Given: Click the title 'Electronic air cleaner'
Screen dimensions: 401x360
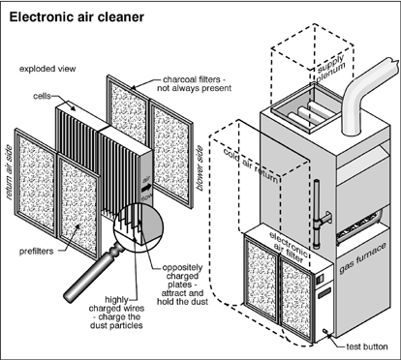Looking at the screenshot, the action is pyautogui.click(x=77, y=16).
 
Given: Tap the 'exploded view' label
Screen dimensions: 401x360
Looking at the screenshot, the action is pyautogui.click(x=47, y=69).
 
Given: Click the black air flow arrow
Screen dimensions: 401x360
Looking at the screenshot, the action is pyautogui.click(x=146, y=187).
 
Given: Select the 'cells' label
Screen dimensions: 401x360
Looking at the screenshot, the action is pyautogui.click(x=42, y=96).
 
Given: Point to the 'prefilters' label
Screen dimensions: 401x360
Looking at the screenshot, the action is pyautogui.click(x=36, y=252).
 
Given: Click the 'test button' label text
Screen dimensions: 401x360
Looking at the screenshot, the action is pyautogui.click(x=367, y=346).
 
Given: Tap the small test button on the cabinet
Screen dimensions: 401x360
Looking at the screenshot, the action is pyautogui.click(x=324, y=331).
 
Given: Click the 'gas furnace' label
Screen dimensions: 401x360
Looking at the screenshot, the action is pyautogui.click(x=362, y=258).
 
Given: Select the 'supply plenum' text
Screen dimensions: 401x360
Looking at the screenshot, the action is pyautogui.click(x=331, y=69).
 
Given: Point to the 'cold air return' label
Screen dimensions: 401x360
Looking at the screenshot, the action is pyautogui.click(x=251, y=165).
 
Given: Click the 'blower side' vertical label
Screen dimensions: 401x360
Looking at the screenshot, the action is pyautogui.click(x=200, y=167).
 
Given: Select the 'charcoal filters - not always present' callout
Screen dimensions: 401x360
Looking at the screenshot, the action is pyautogui.click(x=195, y=83).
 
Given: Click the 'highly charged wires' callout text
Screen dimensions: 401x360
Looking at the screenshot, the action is pyautogui.click(x=116, y=313).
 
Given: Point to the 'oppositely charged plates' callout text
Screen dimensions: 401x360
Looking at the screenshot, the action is pyautogui.click(x=182, y=285).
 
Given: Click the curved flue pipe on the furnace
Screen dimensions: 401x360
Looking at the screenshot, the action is pyautogui.click(x=367, y=96).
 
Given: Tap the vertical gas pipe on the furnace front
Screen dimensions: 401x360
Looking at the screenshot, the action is pyautogui.click(x=316, y=216).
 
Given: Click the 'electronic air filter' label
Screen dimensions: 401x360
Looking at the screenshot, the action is pyautogui.click(x=289, y=247).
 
